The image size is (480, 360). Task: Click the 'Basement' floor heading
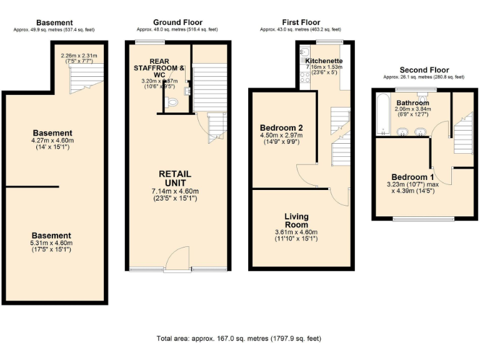point(54,22)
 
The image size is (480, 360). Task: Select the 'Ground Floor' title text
point(176,22)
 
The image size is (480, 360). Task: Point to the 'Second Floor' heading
point(424,70)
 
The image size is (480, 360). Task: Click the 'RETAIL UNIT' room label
point(175,178)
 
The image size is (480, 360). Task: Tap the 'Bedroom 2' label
point(281,128)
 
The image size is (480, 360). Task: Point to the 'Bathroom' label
point(412,102)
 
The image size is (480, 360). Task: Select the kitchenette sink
point(302,52)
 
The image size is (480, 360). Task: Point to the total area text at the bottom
point(239,338)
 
